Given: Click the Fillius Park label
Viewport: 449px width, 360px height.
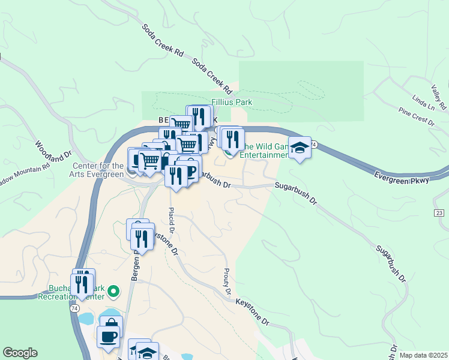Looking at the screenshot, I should point(232,102).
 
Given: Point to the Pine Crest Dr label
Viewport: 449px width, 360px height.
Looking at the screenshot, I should point(416,117).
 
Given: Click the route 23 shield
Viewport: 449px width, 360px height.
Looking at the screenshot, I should point(440,214).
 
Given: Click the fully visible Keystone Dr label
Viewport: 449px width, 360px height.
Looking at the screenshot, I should point(252,311).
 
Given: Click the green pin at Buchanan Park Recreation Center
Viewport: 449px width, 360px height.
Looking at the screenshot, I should point(113,293).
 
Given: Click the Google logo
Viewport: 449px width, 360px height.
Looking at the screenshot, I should point(20,353).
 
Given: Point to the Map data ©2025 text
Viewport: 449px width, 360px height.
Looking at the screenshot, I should point(423,355).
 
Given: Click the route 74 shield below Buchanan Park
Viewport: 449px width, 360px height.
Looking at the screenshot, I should point(74,308).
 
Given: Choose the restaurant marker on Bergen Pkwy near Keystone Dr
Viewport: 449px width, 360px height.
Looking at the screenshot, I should point(143,238).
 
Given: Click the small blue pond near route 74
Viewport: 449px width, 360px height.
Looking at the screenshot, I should point(86,319).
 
